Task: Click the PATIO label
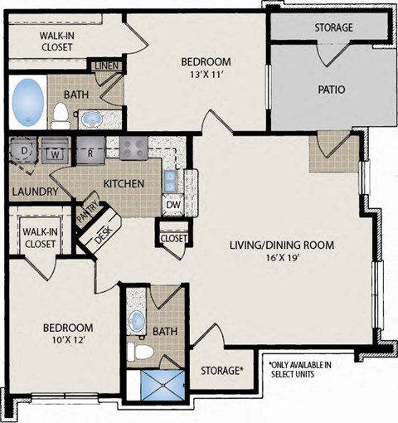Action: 332,90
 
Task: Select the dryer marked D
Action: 23,151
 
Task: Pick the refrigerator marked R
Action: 90,151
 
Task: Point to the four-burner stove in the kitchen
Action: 133,148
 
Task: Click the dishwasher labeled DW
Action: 173,205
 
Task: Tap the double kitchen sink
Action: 170,181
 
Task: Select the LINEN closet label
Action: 107,66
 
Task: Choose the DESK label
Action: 103,236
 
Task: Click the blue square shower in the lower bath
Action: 163,385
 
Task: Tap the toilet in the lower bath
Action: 140,352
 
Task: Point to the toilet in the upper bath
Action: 61,116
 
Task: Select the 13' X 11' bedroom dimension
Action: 206,75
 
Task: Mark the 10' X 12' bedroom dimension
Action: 68,339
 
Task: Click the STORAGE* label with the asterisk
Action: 222,371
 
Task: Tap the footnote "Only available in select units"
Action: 300,369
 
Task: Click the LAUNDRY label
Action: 35,192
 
